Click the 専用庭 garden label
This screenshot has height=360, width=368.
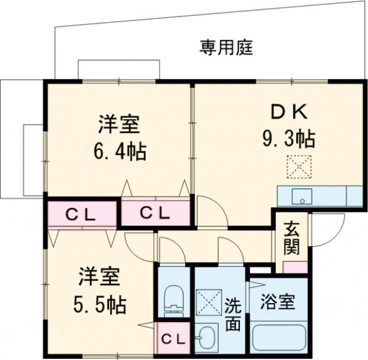(x=226, y=47)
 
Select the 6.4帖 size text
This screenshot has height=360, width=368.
(x=120, y=150)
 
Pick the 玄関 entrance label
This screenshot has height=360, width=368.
(x=291, y=240)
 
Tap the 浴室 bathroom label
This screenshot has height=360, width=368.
(x=278, y=302)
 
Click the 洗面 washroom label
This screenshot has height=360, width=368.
(x=232, y=313)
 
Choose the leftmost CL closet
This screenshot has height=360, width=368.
(x=81, y=213)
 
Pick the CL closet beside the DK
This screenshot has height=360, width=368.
(x=155, y=213)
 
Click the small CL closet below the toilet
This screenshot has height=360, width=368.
(x=174, y=338)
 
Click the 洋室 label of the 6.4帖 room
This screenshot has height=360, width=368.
(x=120, y=124)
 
